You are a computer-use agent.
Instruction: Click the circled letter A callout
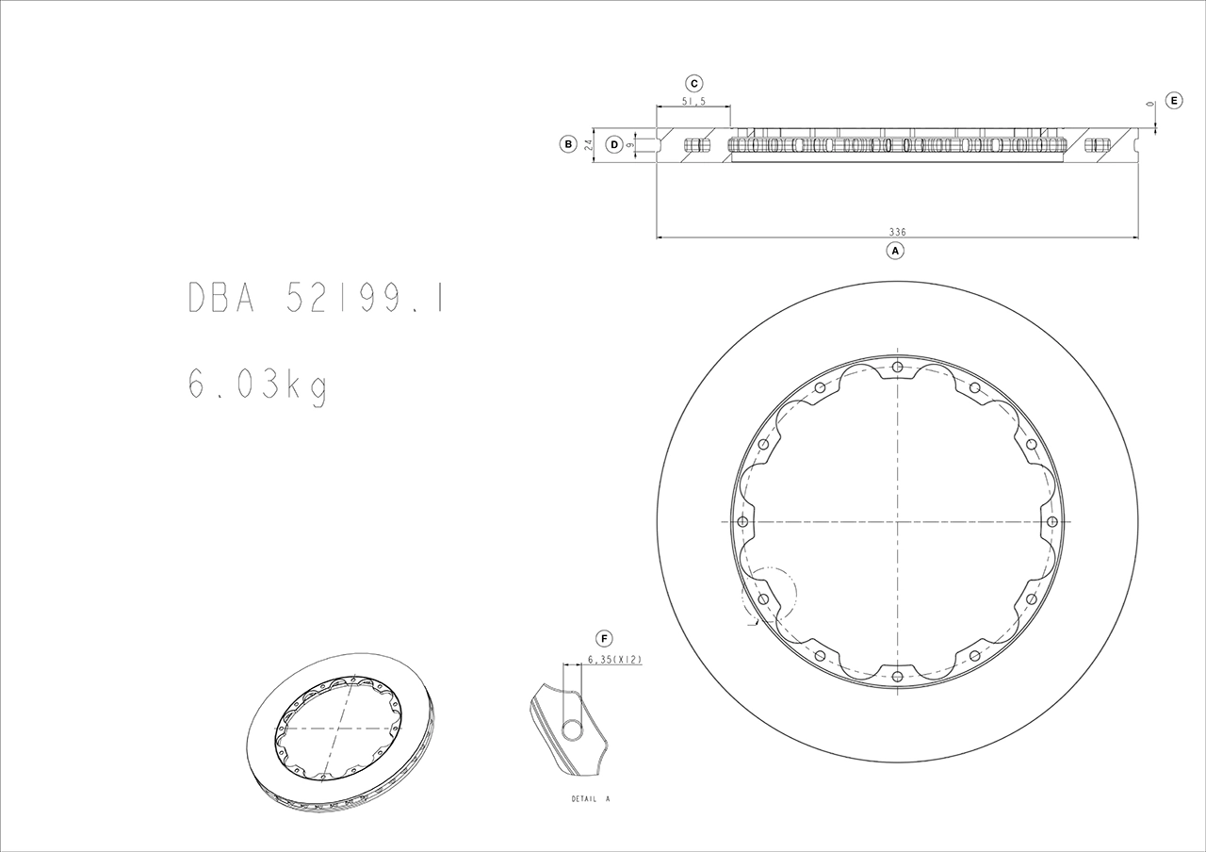pos(895,251)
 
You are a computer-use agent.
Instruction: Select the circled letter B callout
pos(567,144)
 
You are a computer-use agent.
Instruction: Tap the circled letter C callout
pos(693,83)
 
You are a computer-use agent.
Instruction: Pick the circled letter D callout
pos(614,144)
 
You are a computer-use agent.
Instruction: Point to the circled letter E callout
pos(1173,100)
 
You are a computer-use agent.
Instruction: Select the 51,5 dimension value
pos(693,102)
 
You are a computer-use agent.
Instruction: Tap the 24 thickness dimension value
pos(588,144)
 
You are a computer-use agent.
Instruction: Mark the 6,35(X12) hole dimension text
pos(613,660)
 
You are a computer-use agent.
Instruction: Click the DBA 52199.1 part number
pos(316,298)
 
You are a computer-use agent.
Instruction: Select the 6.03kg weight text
pos(257,385)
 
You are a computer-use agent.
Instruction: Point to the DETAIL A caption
pos(591,798)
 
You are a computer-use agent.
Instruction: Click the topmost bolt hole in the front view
pos(897,367)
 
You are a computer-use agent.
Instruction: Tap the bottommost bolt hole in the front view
pos(897,675)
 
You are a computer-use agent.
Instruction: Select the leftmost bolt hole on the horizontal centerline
pos(742,521)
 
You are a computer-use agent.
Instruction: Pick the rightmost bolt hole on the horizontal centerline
pos(1051,521)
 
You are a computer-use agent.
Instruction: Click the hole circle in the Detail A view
pos(572,729)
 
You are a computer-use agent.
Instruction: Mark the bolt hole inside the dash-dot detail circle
pos(763,598)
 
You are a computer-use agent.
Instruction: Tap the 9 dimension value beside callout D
pos(628,145)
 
